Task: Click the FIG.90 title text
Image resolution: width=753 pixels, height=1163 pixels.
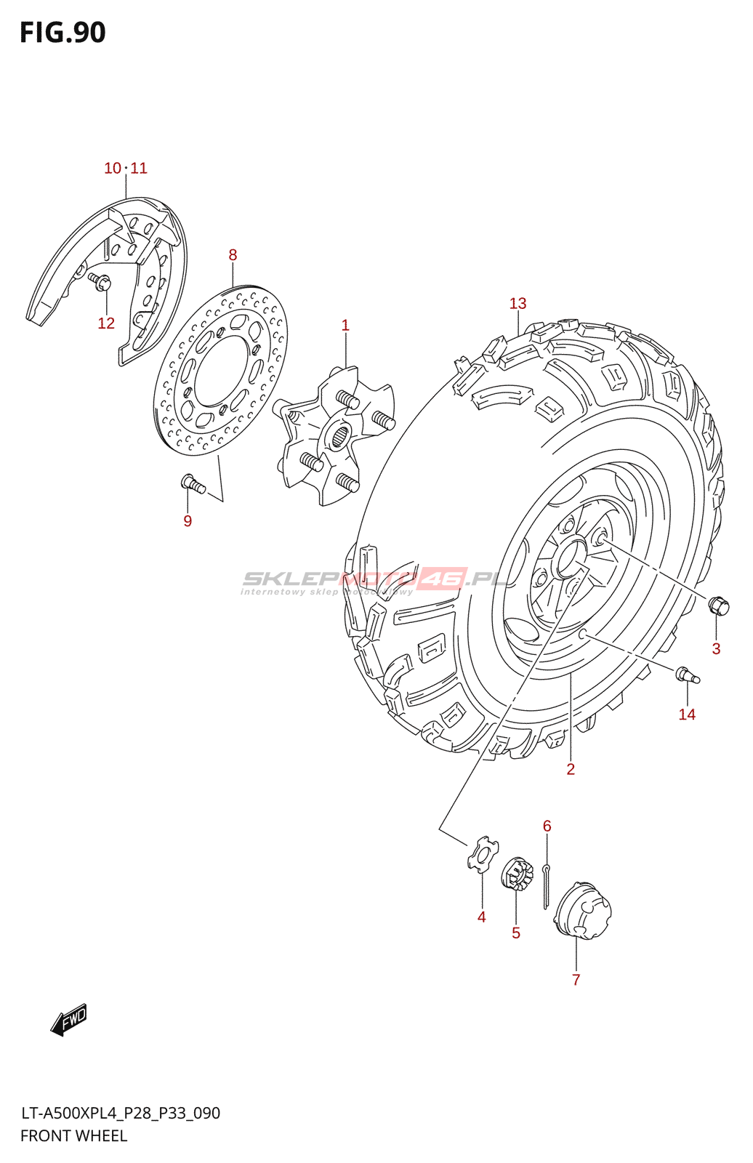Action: coord(63,33)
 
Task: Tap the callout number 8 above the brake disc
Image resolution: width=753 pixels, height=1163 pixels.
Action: coord(233,255)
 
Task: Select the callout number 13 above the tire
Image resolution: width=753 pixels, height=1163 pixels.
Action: coord(518,304)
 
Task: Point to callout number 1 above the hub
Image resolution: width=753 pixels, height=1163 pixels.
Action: coord(345,326)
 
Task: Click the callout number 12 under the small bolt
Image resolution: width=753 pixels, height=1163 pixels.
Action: coord(106,323)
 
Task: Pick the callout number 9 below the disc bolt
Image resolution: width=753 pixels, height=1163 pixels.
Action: coord(188,521)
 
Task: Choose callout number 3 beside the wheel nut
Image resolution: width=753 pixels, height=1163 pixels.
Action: coord(716,649)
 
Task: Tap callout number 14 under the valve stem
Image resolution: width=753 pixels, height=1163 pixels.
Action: coord(687,715)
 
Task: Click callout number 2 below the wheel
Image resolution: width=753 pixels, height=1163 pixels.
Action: coord(571,769)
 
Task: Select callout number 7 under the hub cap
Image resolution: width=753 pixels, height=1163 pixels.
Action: coord(576,980)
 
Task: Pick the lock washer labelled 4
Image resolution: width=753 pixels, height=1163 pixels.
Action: coord(480,853)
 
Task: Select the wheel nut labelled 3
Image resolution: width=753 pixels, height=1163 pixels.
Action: coord(718,605)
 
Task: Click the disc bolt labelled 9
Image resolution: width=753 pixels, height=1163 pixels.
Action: coord(193,482)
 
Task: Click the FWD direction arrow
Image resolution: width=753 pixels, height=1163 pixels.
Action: coord(69,1020)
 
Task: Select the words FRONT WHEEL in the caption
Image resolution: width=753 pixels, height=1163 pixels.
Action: coord(73,1136)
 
